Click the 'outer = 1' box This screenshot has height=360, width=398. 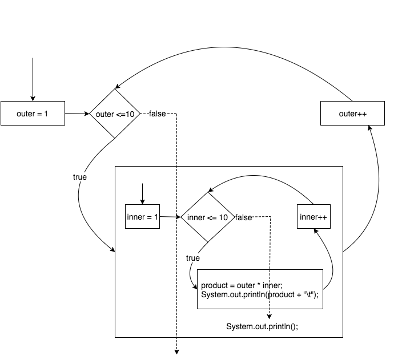coord(33,114)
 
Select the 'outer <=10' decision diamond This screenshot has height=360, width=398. coord(115,114)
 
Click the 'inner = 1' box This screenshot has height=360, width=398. coord(142,217)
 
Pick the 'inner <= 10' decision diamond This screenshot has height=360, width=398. coord(208,217)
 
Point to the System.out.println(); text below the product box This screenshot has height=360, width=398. coord(262,326)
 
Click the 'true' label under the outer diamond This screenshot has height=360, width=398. coord(80,177)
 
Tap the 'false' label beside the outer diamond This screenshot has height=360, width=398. coord(157,114)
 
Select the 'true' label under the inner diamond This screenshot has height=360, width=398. coord(193,258)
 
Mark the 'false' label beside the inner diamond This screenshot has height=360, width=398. coord(244,217)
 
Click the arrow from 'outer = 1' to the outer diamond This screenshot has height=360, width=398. coord(77,114)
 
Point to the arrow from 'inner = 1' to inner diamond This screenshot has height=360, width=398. coord(170,217)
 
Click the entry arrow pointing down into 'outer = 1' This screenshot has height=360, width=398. coord(33,80)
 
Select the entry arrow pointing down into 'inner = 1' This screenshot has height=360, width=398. coord(142,193)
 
